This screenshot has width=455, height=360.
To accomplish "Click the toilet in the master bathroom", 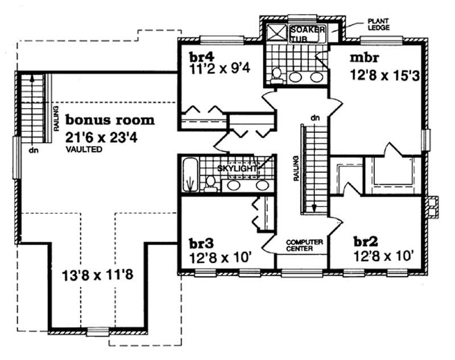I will [x=276, y=75].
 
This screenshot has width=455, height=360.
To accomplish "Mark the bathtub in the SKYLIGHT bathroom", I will [x=190, y=175].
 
